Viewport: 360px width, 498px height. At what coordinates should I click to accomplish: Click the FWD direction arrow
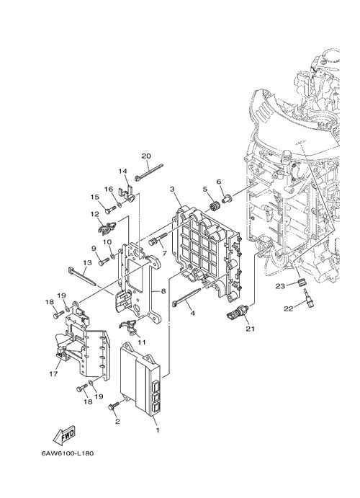64,434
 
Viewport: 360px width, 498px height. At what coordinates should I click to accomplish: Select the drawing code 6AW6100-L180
67,453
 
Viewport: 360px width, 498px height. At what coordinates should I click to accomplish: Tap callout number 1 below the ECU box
158,430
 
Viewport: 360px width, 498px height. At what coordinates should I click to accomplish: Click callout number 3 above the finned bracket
172,190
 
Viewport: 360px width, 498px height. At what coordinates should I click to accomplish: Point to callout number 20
146,156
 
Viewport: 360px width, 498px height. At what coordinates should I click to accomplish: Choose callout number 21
251,329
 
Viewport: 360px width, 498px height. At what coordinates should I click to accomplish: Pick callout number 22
288,308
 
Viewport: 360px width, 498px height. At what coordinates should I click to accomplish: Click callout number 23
280,286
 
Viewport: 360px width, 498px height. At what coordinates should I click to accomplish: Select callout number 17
53,374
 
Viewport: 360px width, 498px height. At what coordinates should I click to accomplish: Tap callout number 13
87,263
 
